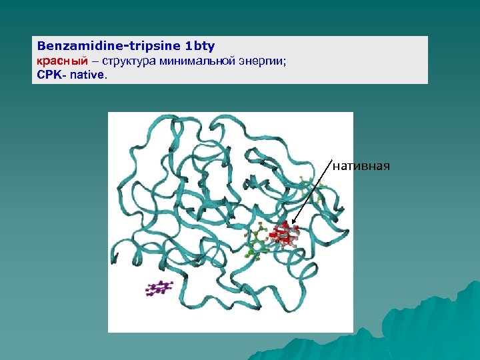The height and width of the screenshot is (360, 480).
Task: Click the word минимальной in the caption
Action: point(196,61)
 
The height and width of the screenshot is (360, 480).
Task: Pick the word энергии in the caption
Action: point(261,61)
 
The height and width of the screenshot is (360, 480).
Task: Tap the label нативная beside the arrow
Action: point(361,165)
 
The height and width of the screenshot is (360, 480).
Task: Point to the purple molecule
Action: point(159,288)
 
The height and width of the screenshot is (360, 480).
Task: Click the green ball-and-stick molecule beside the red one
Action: point(257,241)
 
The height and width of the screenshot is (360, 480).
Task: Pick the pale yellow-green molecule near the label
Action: point(309,191)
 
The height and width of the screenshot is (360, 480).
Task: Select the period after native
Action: point(105,76)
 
